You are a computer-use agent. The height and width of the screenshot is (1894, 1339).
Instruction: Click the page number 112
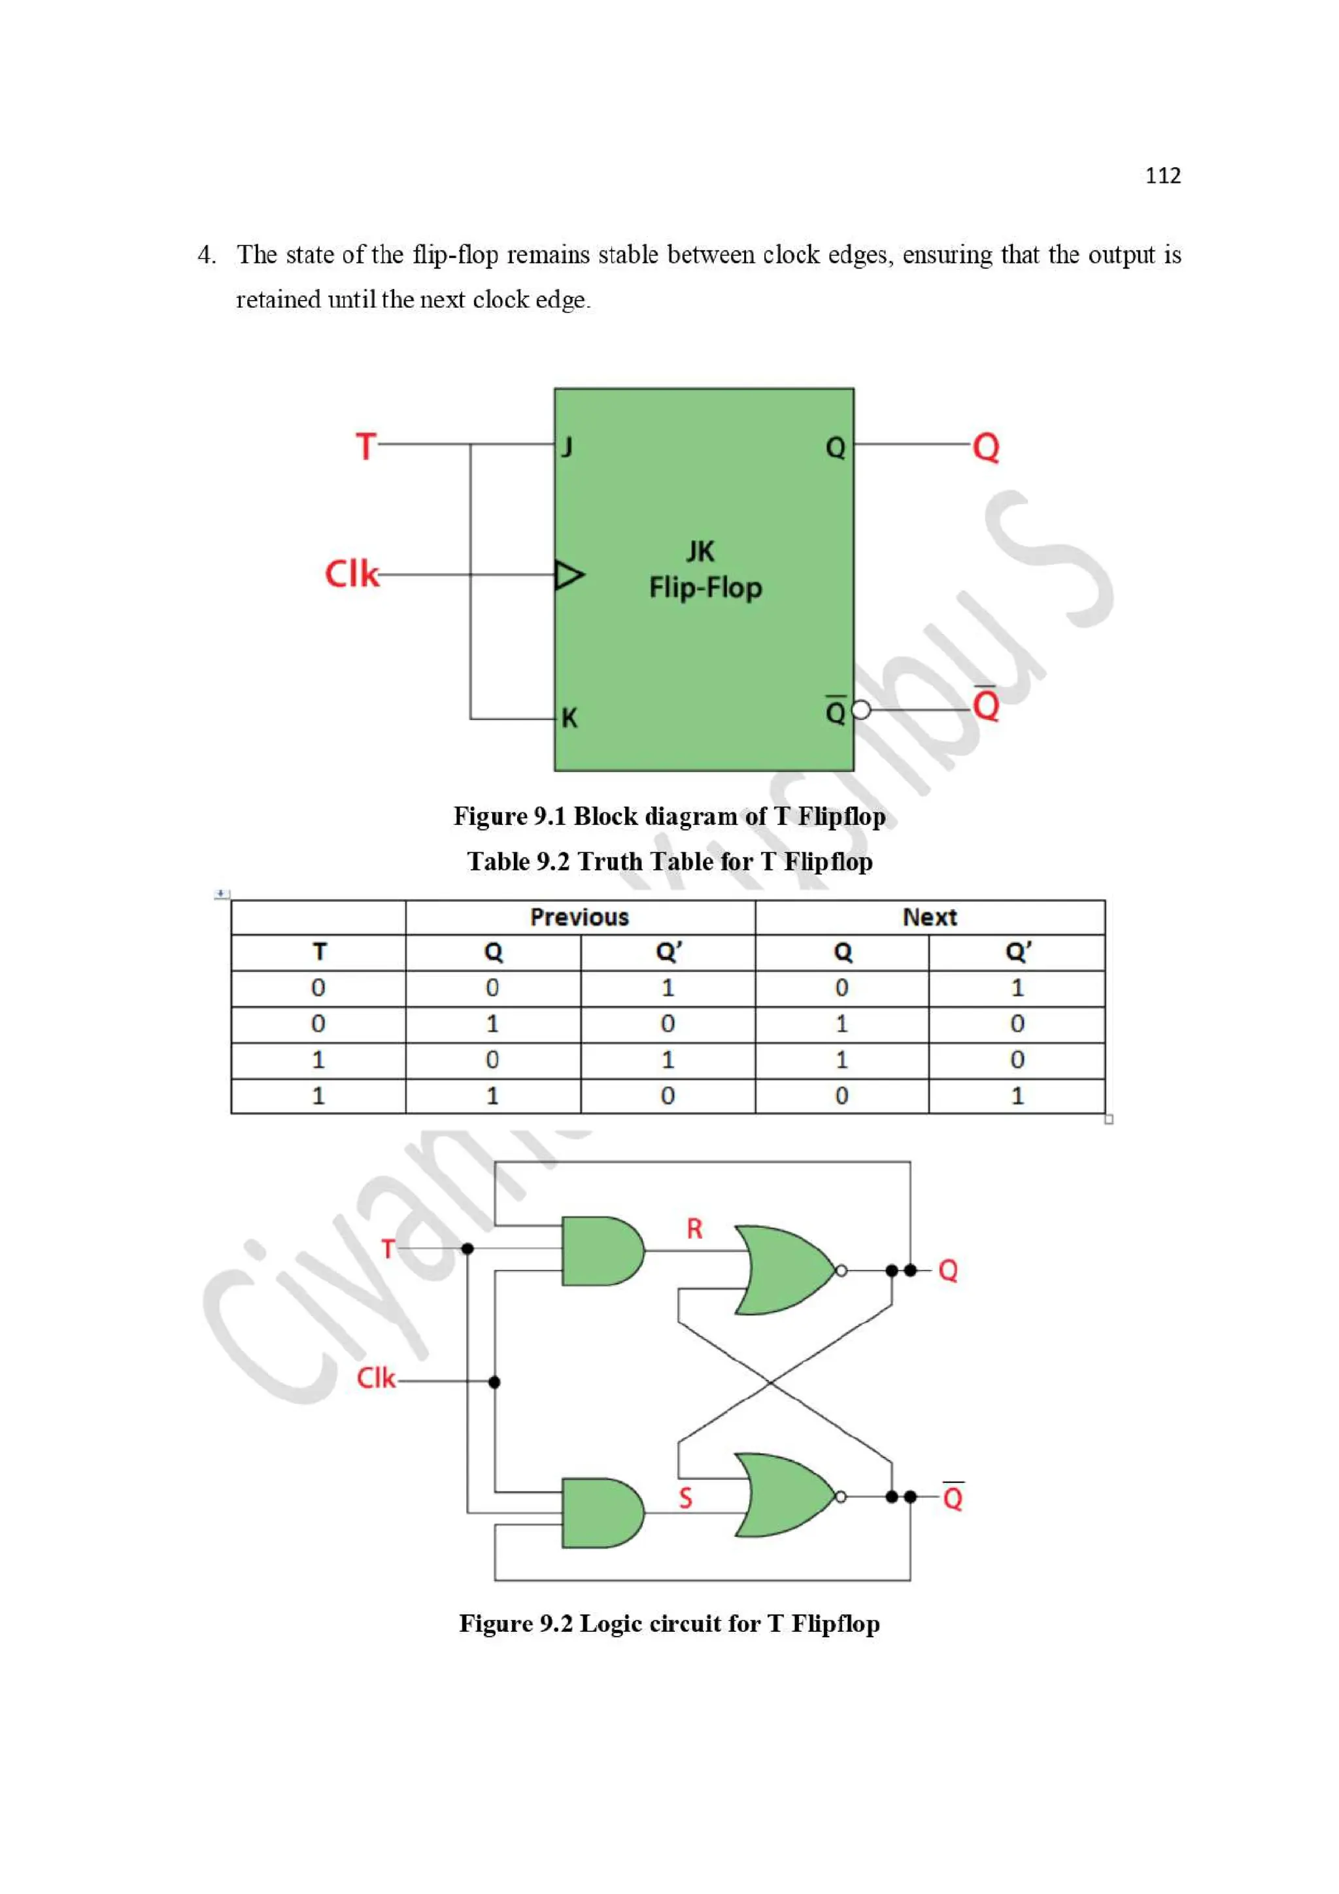pyautogui.click(x=1162, y=176)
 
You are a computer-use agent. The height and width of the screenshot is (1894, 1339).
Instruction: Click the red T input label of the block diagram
pyautogui.click(x=365, y=446)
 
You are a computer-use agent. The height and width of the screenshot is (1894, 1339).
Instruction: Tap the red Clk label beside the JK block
pyautogui.click(x=352, y=574)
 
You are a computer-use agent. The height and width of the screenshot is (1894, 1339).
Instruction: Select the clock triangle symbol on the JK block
pyautogui.click(x=568, y=575)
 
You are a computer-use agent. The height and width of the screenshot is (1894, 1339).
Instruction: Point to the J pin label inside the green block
pyautogui.click(x=567, y=447)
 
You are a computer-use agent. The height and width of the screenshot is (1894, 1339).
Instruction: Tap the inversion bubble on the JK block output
pyautogui.click(x=860, y=709)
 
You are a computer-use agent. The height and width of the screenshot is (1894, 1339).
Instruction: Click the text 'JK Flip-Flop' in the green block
pyautogui.click(x=705, y=570)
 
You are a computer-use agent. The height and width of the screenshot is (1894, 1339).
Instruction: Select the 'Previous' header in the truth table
pyautogui.click(x=579, y=918)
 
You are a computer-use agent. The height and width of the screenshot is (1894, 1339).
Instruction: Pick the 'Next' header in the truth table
pyautogui.click(x=929, y=918)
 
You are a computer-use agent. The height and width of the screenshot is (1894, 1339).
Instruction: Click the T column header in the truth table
pyautogui.click(x=318, y=952)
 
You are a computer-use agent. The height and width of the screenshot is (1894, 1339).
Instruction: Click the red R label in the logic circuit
pyautogui.click(x=694, y=1229)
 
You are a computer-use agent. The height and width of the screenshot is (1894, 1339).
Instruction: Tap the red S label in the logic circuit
pyautogui.click(x=685, y=1498)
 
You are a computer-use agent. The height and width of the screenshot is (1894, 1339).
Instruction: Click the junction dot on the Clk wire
pyautogui.click(x=494, y=1382)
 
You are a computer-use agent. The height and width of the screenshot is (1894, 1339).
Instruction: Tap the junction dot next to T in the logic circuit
pyautogui.click(x=467, y=1249)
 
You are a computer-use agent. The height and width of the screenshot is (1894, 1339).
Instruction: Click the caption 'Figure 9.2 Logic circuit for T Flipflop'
pyautogui.click(x=669, y=1623)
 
